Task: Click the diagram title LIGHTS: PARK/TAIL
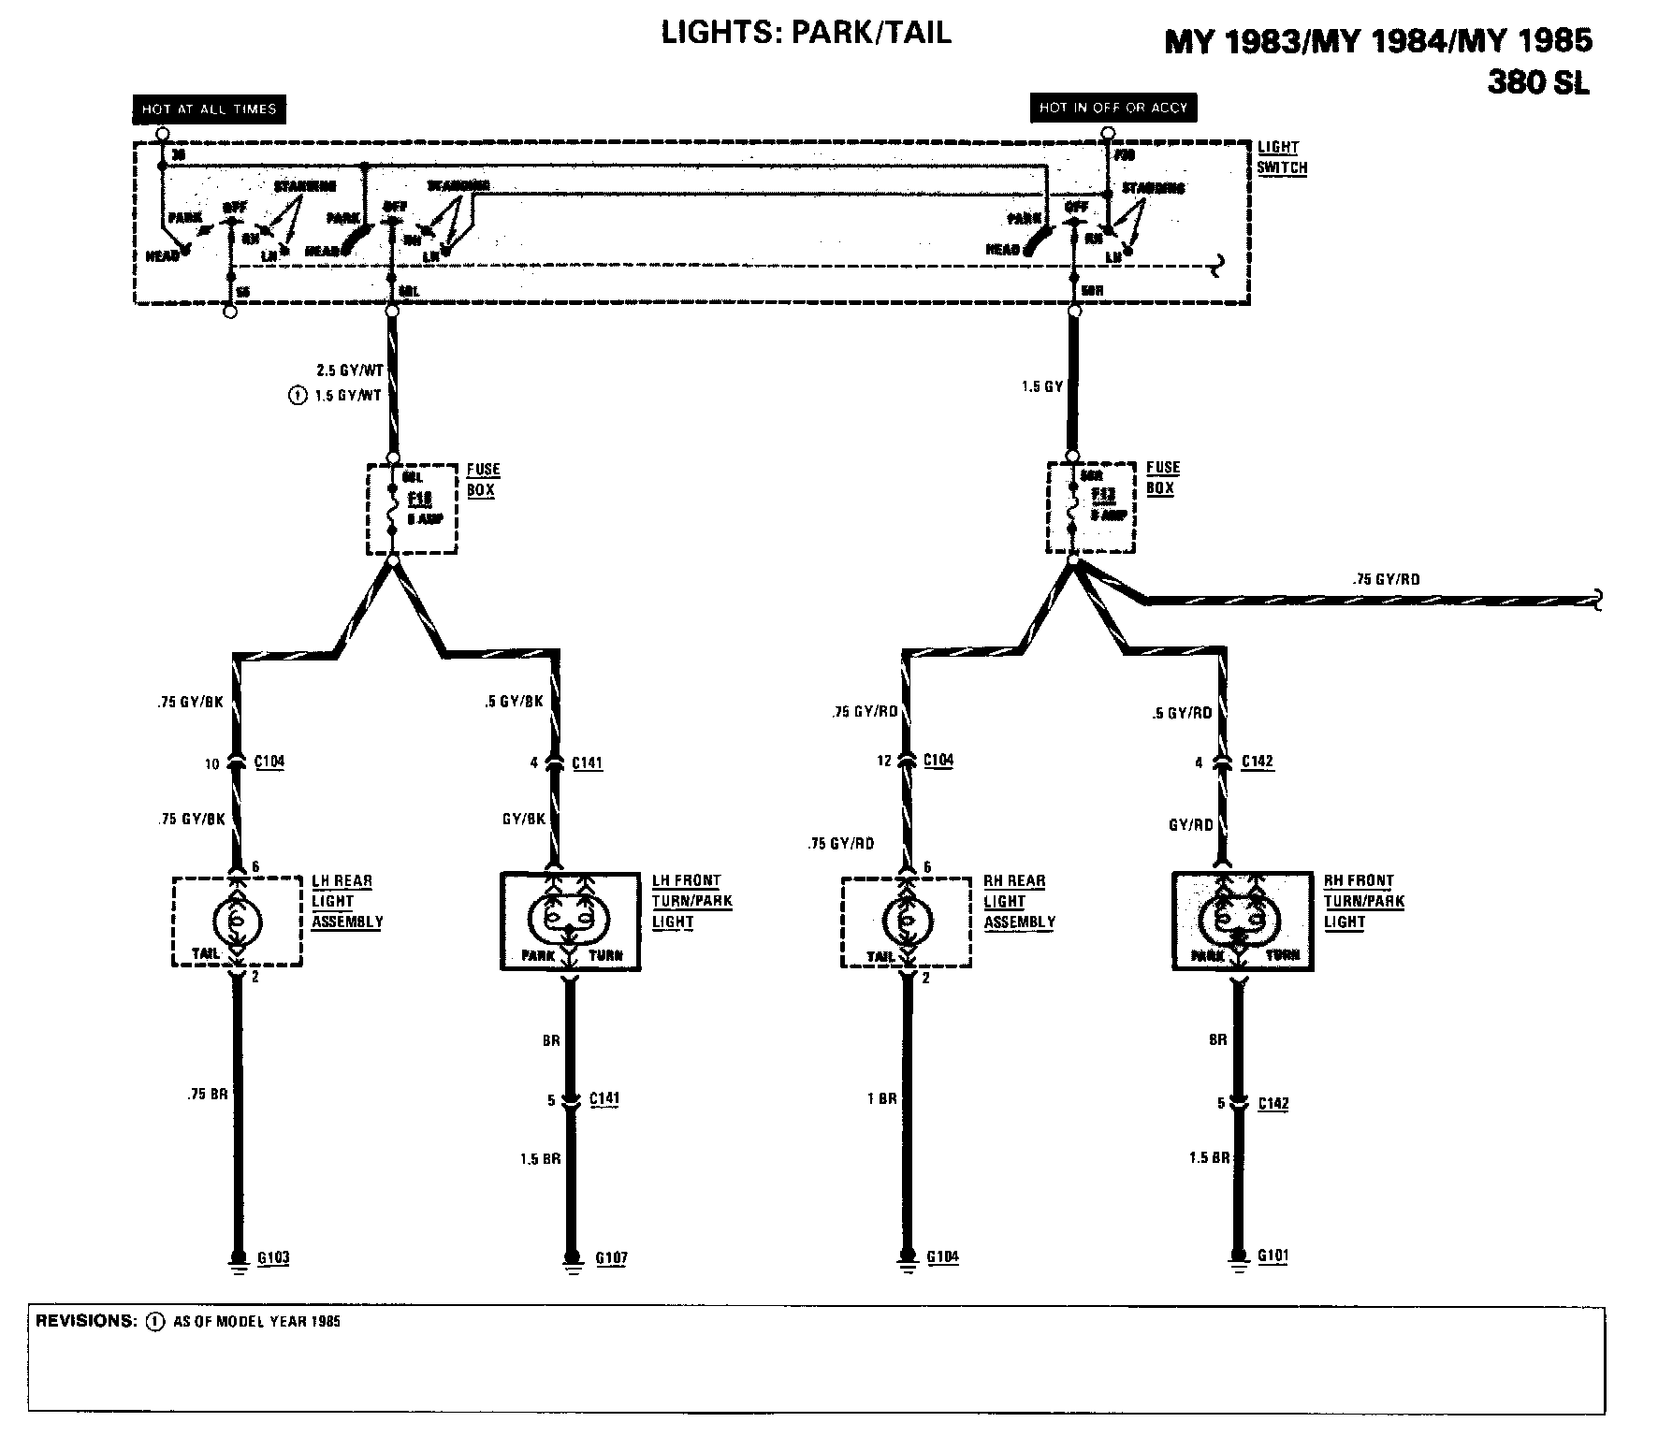[806, 34]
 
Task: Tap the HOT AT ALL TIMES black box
[209, 109]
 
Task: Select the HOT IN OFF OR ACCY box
[1113, 108]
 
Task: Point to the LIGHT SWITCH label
[1281, 158]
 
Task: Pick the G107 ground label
[611, 1257]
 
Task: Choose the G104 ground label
[943, 1256]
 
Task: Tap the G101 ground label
[1273, 1256]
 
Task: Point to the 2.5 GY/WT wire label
[351, 370]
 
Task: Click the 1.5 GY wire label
[1042, 385]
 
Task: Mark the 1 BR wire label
[881, 1098]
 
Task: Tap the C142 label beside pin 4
[1258, 762]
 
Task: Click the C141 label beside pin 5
[604, 1099]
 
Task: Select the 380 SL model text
[1537, 84]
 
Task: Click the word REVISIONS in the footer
[86, 1321]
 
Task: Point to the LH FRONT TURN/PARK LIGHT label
[691, 901]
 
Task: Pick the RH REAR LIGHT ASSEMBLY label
[1018, 901]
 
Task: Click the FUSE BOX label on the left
[483, 479]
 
